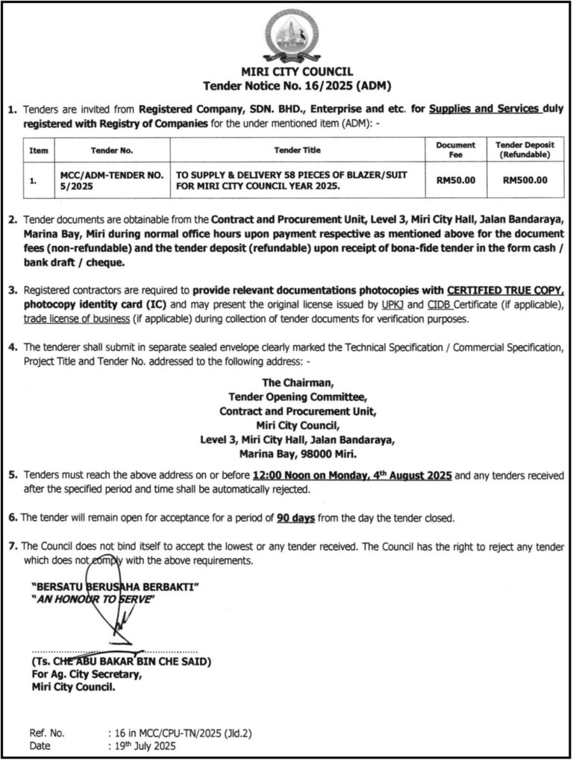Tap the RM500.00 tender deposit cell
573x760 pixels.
525,179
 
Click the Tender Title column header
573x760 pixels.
297,150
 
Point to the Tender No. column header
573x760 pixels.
112,150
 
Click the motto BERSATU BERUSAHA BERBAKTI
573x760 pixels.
115,587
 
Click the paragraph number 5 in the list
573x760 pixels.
12,475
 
